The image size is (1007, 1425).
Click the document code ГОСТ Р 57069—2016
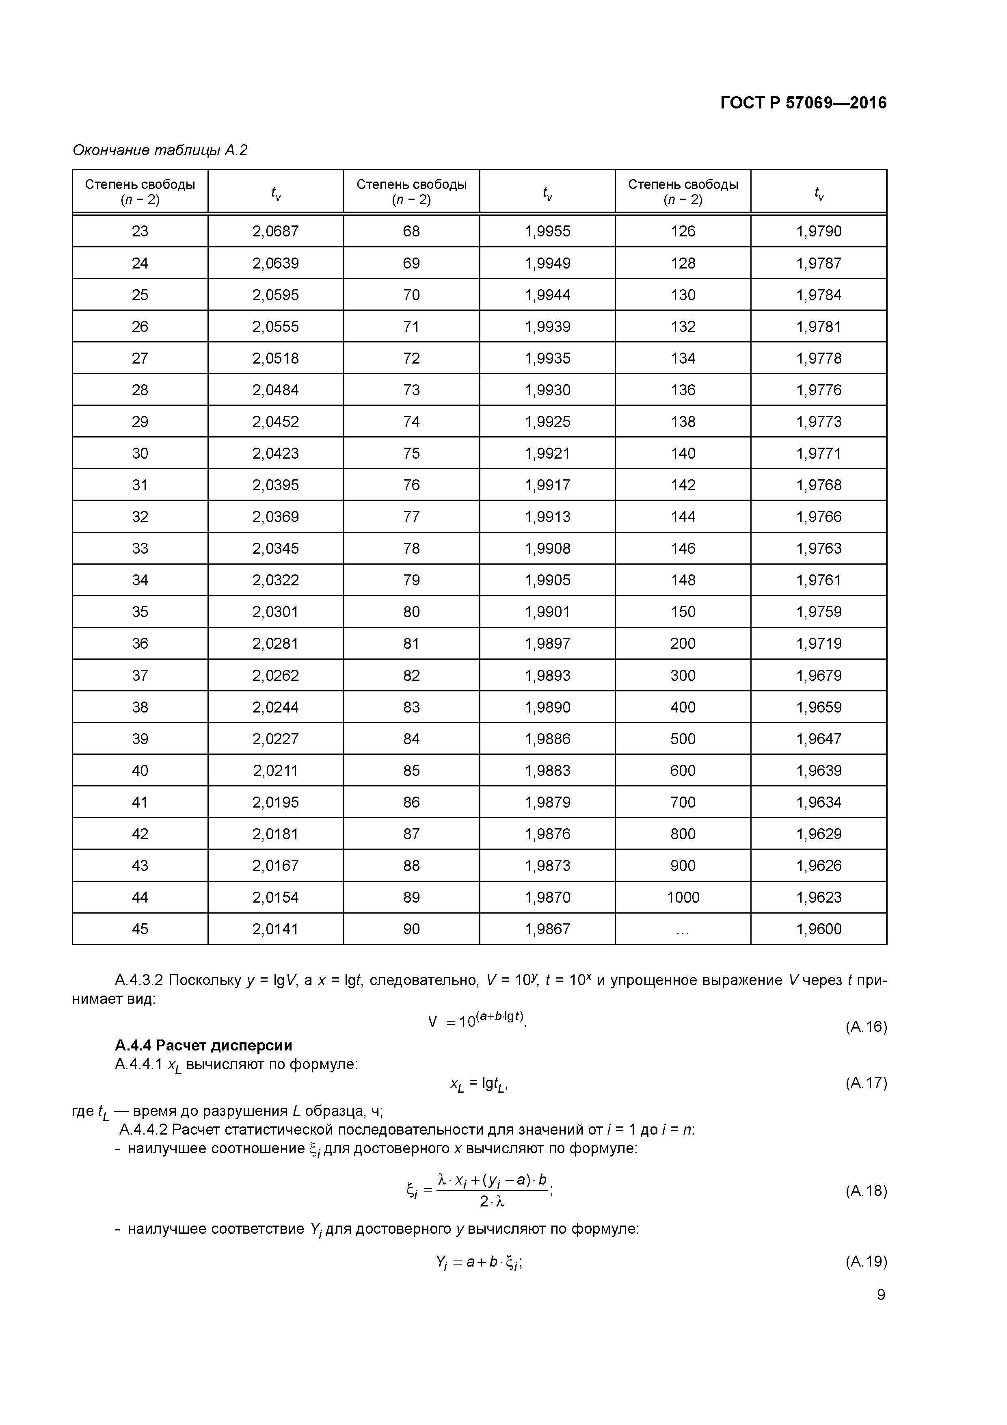[804, 103]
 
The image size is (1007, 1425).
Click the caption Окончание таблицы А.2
[160, 150]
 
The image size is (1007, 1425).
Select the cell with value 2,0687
[275, 232]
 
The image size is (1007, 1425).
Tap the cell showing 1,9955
[547, 232]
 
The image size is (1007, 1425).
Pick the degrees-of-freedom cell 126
[683, 232]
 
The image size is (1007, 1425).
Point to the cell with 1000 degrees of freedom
[683, 897]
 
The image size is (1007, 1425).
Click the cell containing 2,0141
[275, 929]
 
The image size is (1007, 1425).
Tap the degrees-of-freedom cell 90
[411, 929]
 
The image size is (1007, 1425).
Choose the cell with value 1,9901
[547, 612]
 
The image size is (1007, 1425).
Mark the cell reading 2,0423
[275, 454]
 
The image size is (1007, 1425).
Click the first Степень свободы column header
[140, 191]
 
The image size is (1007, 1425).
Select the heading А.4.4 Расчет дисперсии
[203, 1045]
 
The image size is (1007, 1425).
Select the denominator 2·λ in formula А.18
[492, 1202]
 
